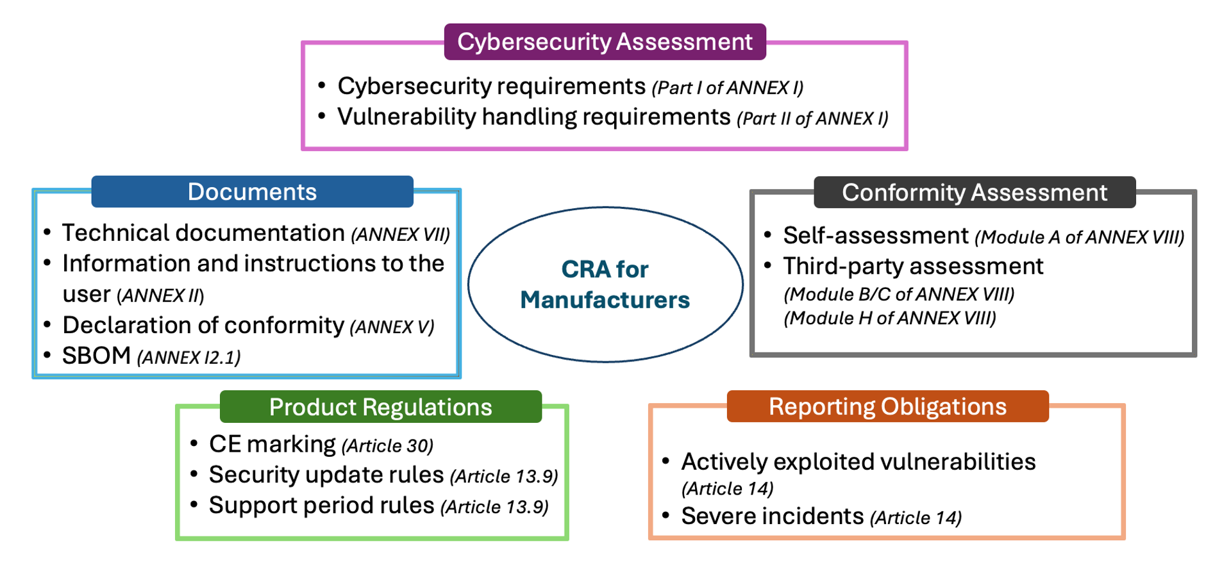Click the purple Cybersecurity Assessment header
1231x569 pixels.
point(605,42)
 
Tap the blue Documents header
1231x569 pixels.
point(252,192)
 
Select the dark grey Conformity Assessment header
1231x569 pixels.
point(974,192)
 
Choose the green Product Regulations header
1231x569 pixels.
point(380,407)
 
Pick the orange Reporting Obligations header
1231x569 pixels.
point(887,406)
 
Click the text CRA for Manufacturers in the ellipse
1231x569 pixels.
point(605,284)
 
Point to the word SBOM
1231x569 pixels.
point(97,356)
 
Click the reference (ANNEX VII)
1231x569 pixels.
point(400,235)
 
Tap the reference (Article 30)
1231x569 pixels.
point(387,445)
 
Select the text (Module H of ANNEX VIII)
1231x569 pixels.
point(890,318)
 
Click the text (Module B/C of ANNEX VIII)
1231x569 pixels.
point(899,294)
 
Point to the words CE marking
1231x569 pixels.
point(272,444)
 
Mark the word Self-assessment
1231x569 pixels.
point(875,236)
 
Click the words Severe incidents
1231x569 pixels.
point(772,516)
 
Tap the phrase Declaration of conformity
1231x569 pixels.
point(203,326)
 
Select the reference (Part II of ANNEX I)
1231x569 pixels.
point(812,119)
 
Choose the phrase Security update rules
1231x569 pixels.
point(326,475)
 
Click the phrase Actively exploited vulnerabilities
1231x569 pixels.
point(858,461)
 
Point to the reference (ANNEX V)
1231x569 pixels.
point(392,327)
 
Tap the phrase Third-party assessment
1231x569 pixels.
point(913,266)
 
